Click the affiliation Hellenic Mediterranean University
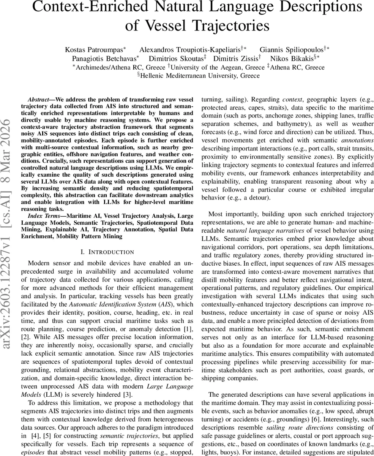click(200, 76)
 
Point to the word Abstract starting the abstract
click(40, 99)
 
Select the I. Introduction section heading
click(107, 252)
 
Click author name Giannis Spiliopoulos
click(291, 50)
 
